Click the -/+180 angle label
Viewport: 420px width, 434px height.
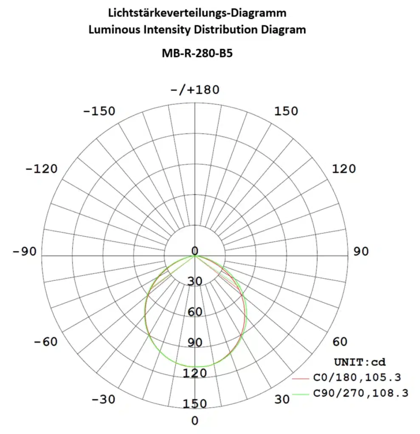pos(194,90)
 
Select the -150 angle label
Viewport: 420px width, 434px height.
pos(99,111)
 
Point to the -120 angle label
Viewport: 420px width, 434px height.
pos(41,169)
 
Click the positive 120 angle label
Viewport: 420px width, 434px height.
pos(343,169)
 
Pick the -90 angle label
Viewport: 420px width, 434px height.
pos(25,252)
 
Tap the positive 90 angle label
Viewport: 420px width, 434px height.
pos(361,252)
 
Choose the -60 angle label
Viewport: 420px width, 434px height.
pos(45,342)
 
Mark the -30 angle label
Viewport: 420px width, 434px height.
pos(104,400)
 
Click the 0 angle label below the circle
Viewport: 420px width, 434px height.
pos(194,421)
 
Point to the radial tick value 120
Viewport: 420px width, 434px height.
pos(195,373)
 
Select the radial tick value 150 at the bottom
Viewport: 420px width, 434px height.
pos(195,403)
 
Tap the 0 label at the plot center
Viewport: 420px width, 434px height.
pos(195,250)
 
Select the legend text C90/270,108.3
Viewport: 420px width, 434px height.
pos(361,393)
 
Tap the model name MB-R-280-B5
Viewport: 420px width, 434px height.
pos(197,54)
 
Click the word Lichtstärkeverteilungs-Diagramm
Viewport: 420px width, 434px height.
pos(197,13)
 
